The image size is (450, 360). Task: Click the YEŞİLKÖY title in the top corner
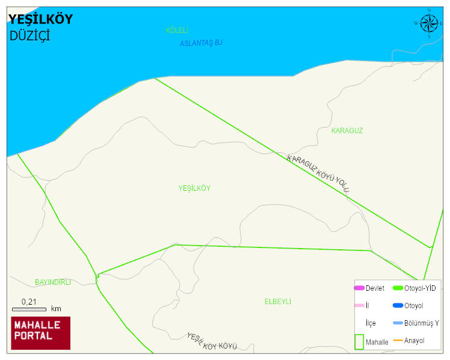(x=41, y=20)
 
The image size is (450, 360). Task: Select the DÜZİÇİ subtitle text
(x=30, y=36)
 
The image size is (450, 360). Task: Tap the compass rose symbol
(x=429, y=23)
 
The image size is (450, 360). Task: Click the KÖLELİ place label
(x=177, y=30)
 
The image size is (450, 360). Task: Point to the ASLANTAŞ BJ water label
(x=201, y=43)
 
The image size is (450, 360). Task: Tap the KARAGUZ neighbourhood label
(x=347, y=131)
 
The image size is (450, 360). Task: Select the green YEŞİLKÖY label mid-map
(x=194, y=188)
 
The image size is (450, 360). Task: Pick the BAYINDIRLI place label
(x=53, y=282)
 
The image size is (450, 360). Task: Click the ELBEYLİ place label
(x=278, y=302)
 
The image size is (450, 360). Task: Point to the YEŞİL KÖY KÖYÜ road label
(x=212, y=341)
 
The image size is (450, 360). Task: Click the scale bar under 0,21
(x=29, y=309)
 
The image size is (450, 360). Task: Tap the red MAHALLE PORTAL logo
(x=41, y=333)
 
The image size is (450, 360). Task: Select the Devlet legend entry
(x=369, y=288)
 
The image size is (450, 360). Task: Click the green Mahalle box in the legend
(x=359, y=342)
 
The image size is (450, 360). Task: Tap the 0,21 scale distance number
(x=29, y=302)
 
